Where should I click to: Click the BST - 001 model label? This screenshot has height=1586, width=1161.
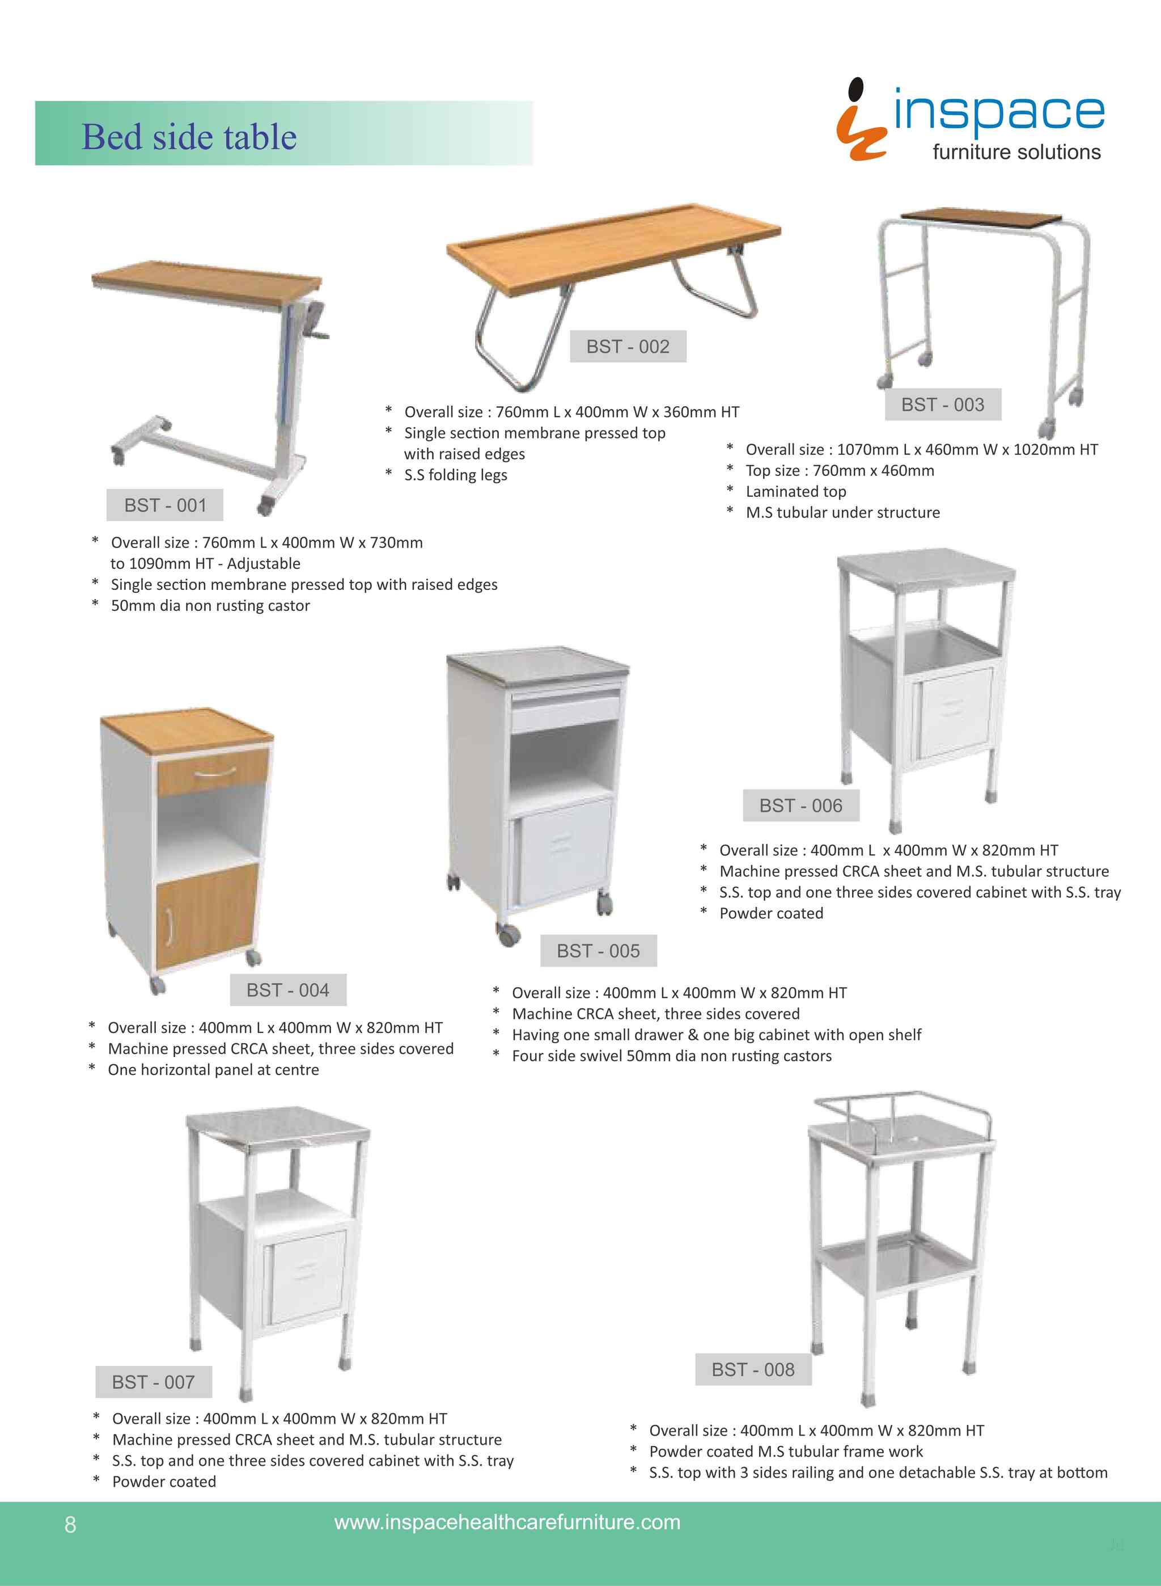click(x=164, y=505)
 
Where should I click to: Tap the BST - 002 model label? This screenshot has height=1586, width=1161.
click(x=628, y=347)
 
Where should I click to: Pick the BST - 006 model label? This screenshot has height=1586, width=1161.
click(x=800, y=805)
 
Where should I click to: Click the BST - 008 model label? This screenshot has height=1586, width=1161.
click(x=753, y=1369)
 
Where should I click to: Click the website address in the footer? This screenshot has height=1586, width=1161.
click(x=507, y=1522)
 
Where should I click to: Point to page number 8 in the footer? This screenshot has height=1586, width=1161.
click(x=70, y=1524)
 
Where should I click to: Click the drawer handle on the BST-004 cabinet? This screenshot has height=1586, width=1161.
click(x=214, y=774)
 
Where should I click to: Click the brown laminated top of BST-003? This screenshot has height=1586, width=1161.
click(x=981, y=218)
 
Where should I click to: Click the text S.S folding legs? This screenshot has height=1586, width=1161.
click(x=455, y=475)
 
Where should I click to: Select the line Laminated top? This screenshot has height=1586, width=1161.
click(x=795, y=491)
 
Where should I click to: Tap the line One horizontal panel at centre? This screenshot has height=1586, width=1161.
click(x=213, y=1069)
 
